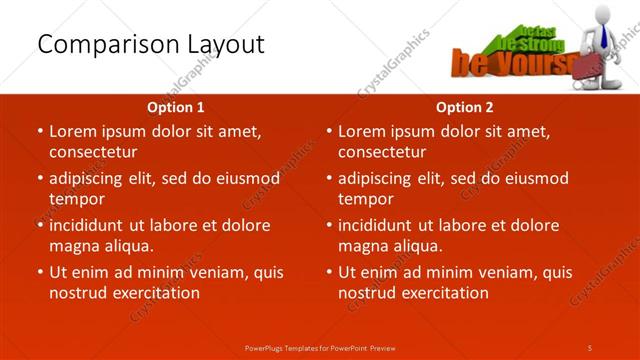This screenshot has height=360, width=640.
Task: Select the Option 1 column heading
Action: pyautogui.click(x=175, y=106)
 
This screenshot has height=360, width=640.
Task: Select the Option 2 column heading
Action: pyautogui.click(x=464, y=106)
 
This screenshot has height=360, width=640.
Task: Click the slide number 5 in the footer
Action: pyautogui.click(x=590, y=347)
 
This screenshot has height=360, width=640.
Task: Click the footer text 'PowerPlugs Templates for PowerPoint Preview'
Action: pyautogui.click(x=320, y=347)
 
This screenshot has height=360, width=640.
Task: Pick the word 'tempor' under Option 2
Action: pyautogui.click(x=364, y=199)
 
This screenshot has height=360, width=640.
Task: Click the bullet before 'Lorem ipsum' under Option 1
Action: pyautogui.click(x=39, y=131)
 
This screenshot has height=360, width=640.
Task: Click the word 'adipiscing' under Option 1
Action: pyautogui.click(x=87, y=178)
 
